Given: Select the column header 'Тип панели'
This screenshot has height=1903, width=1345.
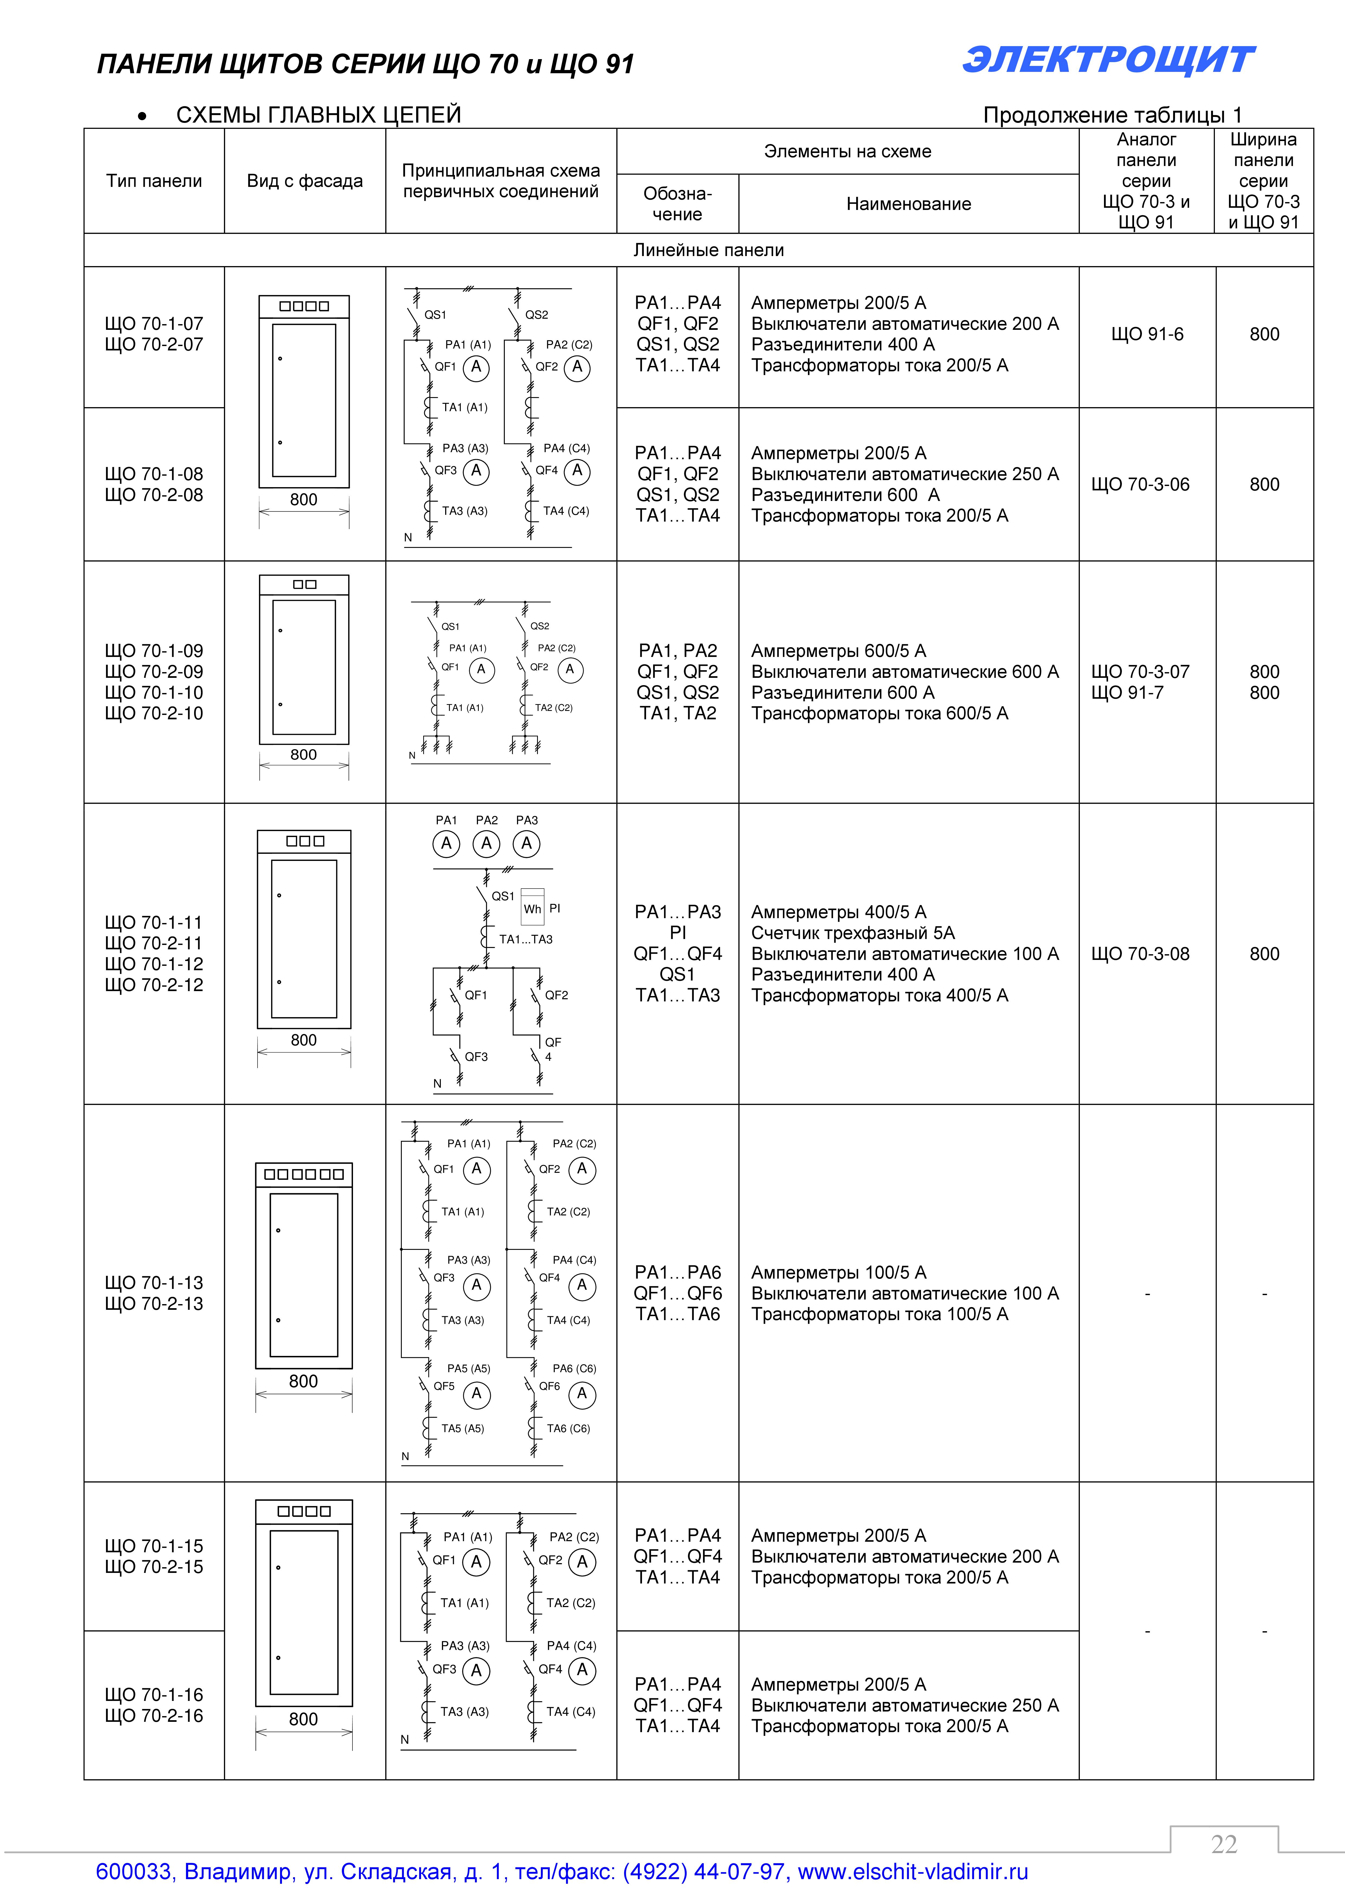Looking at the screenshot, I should coord(154,181).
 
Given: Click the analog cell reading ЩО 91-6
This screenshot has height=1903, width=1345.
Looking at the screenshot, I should coord(1147,334).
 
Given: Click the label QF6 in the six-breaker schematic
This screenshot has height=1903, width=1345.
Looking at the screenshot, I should coord(550,1386).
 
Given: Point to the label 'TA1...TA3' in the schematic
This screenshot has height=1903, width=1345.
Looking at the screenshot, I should coord(525,939).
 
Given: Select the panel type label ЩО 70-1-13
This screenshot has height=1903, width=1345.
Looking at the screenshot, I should coord(154,1282).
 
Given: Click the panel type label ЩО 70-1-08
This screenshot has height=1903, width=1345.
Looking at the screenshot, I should coord(154,474).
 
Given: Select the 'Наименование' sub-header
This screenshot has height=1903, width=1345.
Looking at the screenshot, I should coord(908,204).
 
